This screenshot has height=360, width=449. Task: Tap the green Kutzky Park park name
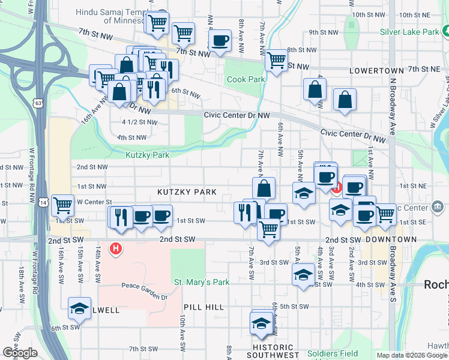(x=148, y=155)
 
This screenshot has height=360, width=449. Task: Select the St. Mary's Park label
(x=202, y=282)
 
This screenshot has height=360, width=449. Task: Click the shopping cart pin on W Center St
(x=62, y=205)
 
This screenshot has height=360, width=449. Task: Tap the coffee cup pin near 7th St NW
(x=220, y=40)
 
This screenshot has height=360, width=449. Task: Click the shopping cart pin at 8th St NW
(x=276, y=59)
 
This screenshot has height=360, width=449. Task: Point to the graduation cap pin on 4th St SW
(x=304, y=274)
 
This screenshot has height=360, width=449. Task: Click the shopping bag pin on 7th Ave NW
(x=264, y=188)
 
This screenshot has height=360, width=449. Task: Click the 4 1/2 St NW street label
(x=139, y=122)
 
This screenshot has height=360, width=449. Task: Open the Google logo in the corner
(x=20, y=353)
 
